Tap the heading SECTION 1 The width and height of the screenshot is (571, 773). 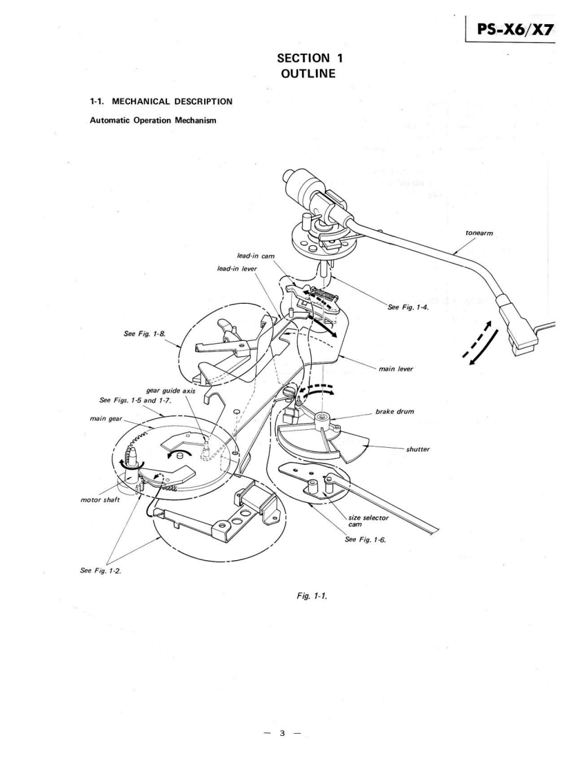[285, 65]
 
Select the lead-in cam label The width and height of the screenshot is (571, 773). [256, 256]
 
